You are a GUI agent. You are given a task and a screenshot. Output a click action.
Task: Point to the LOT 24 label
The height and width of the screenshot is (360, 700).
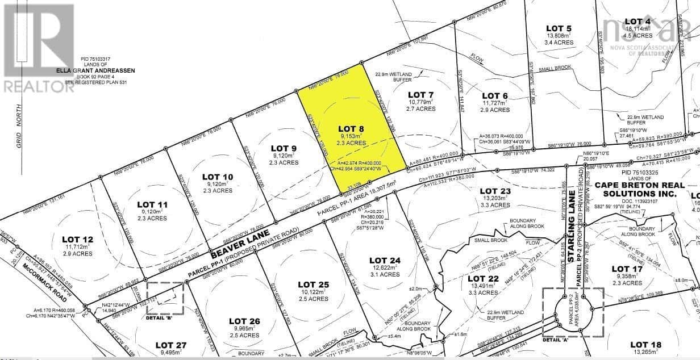(x=385, y=260)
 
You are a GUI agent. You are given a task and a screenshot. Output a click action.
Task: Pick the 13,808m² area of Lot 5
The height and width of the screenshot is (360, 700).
(x=558, y=35)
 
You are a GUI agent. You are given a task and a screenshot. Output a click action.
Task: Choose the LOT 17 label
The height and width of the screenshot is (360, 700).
(x=627, y=269)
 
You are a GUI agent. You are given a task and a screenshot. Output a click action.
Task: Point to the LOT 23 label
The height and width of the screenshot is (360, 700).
(x=495, y=191)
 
